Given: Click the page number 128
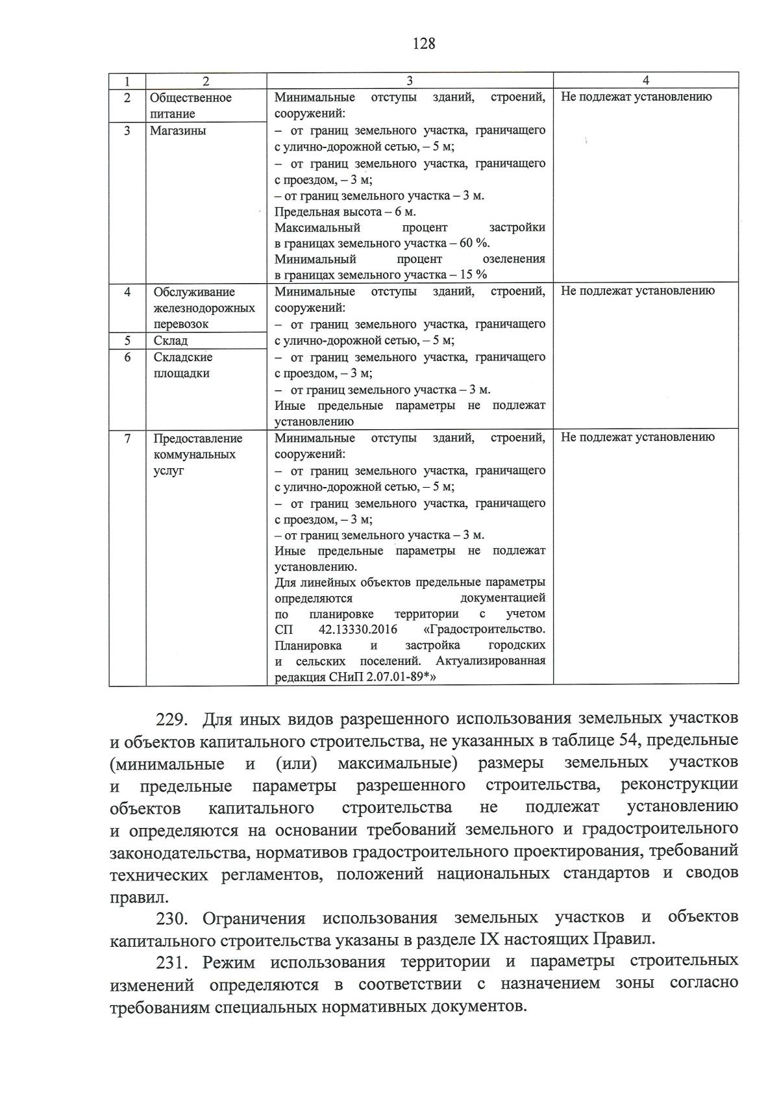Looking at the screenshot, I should pos(423,44).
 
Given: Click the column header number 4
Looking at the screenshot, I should pos(645,81).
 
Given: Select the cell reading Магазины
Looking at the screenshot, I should pos(178,131).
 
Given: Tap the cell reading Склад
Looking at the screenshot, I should pos(171,341).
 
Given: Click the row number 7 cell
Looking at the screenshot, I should pos(127,438).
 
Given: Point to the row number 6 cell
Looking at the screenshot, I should pos(127,357).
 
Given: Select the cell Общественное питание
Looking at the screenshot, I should pos(190,105).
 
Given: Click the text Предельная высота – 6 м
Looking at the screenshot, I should pos(345,212).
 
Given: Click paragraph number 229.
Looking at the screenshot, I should pos(172,720).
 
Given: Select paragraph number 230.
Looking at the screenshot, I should pos(172,918).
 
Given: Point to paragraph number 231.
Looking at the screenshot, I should pos(172,962).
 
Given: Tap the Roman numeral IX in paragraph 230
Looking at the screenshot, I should pos(488,940).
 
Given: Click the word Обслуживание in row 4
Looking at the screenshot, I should pos(194,292).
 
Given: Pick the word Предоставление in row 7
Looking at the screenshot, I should pos(197,438).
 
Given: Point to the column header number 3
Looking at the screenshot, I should pos(410,81).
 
